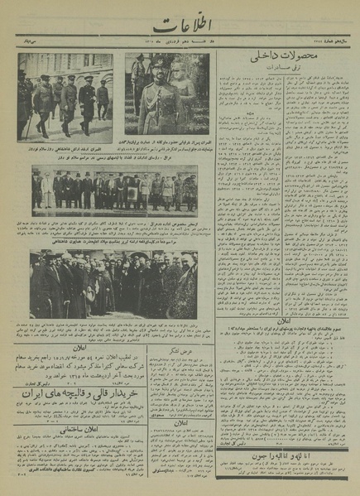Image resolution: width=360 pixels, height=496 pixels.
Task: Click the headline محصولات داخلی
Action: pyautogui.click(x=286, y=60)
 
